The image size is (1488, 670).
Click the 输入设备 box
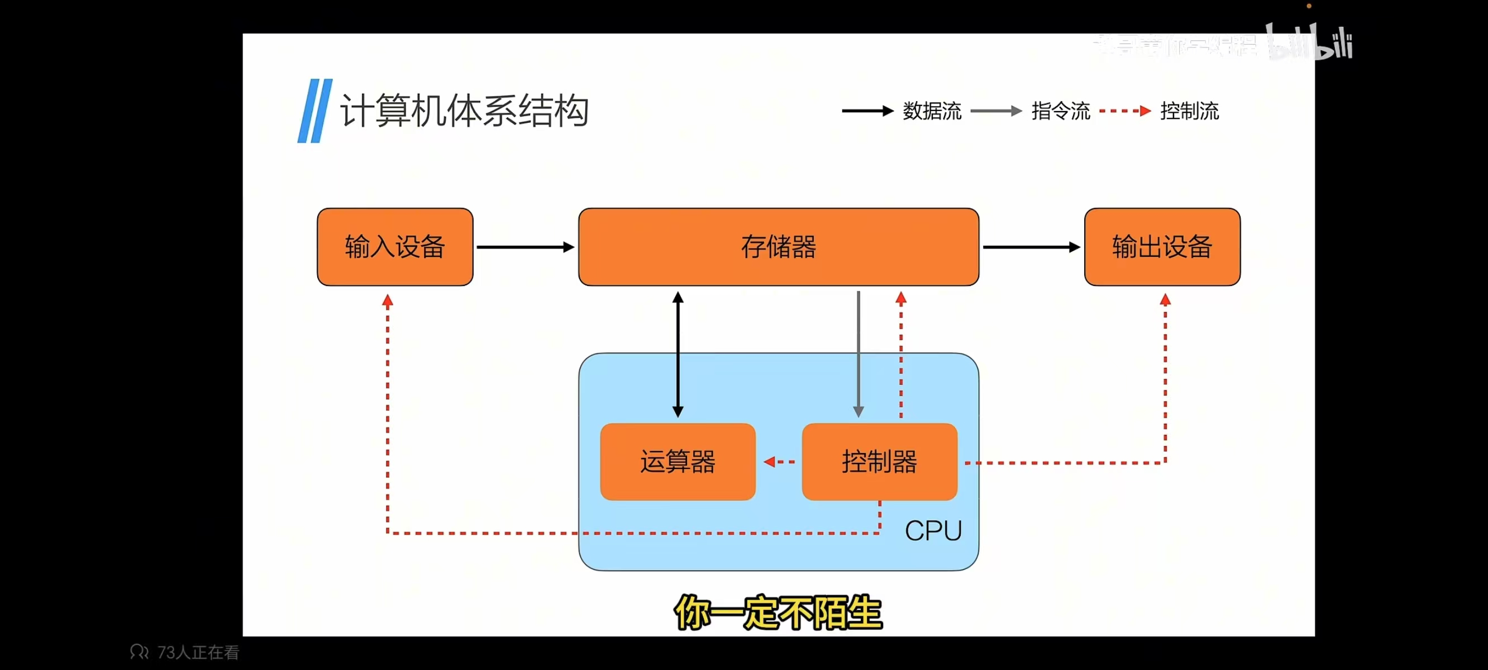click(395, 247)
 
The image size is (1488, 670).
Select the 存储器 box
click(778, 247)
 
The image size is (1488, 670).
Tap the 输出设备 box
click(1162, 247)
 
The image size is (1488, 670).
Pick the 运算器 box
click(678, 462)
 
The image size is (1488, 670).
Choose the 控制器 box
click(879, 462)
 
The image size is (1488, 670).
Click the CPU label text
click(933, 531)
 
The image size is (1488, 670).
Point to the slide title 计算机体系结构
click(464, 111)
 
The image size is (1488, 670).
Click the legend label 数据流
click(932, 111)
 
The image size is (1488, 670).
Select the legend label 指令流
click(1061, 111)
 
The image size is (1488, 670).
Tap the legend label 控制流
click(1189, 111)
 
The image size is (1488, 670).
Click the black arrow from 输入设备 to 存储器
click(525, 247)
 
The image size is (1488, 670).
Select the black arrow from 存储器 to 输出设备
click(1031, 247)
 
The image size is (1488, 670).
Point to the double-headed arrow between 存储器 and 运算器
click(678, 355)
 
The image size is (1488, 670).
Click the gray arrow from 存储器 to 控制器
click(859, 355)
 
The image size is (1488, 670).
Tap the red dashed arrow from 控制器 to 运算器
click(779, 462)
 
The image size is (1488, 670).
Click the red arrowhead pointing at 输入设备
click(388, 300)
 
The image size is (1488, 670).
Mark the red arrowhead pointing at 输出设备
click(1165, 300)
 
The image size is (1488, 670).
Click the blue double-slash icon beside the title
click(315, 111)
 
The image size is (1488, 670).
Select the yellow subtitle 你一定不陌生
click(778, 613)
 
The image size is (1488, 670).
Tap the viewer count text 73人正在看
click(198, 653)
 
